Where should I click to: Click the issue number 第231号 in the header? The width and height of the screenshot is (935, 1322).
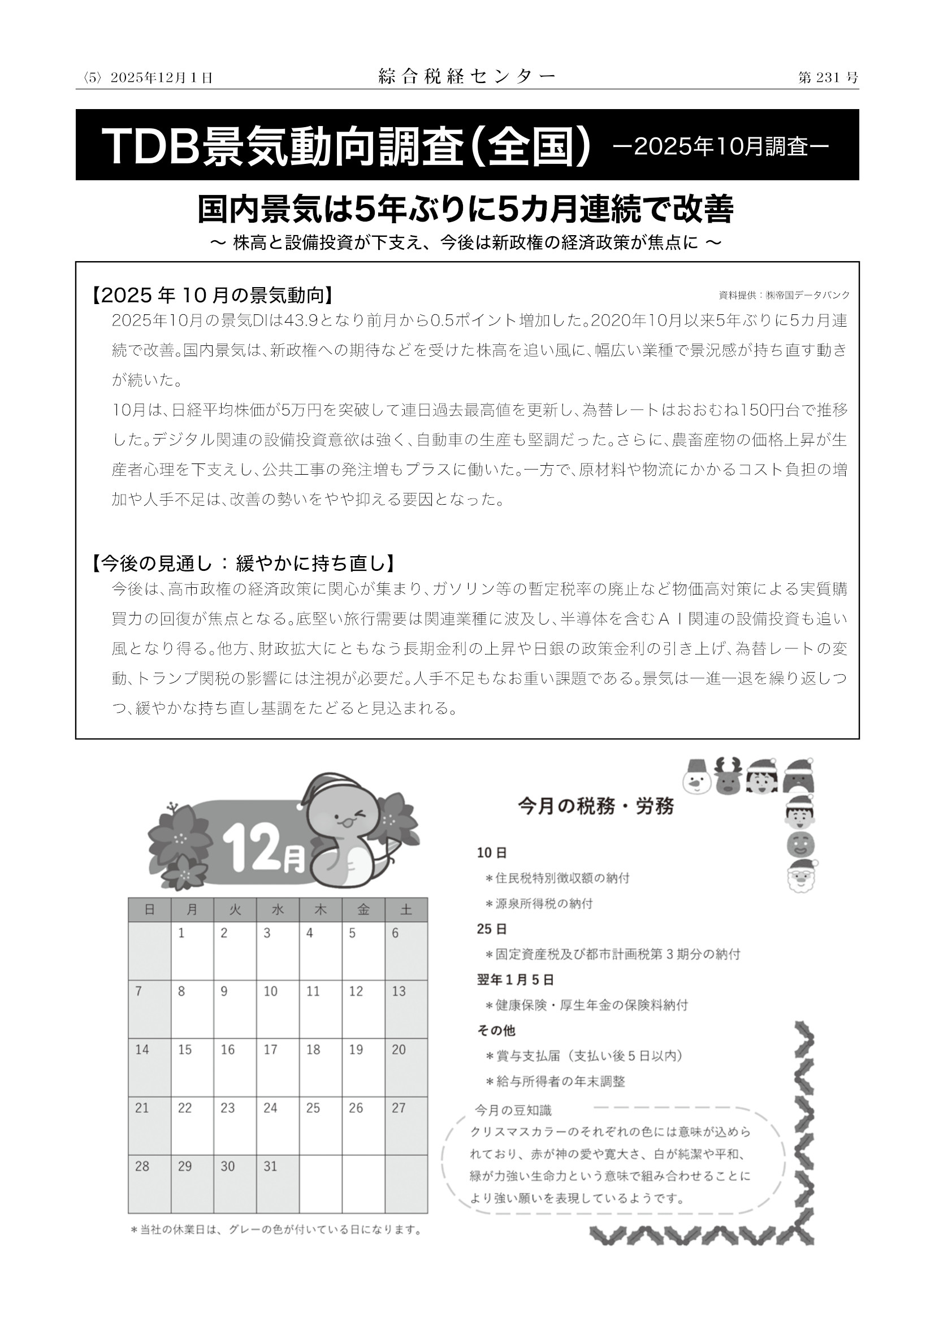pyautogui.click(x=828, y=78)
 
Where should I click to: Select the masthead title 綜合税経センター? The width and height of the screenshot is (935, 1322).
pyautogui.click(x=467, y=76)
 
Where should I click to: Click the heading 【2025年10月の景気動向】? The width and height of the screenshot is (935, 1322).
pyautogui.click(x=212, y=296)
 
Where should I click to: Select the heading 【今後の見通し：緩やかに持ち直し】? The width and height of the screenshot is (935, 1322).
pyautogui.click(x=244, y=564)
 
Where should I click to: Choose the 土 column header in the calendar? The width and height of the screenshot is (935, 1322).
pyautogui.click(x=406, y=909)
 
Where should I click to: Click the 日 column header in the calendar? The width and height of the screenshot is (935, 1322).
pyautogui.click(x=150, y=909)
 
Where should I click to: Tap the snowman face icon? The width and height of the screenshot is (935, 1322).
pyautogui.click(x=696, y=777)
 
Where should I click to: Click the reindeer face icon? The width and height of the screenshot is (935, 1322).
pyautogui.click(x=728, y=777)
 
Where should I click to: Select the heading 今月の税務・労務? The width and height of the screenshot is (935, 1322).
pyautogui.click(x=595, y=807)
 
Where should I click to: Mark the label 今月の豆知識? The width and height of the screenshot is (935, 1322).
pyautogui.click(x=513, y=1109)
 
